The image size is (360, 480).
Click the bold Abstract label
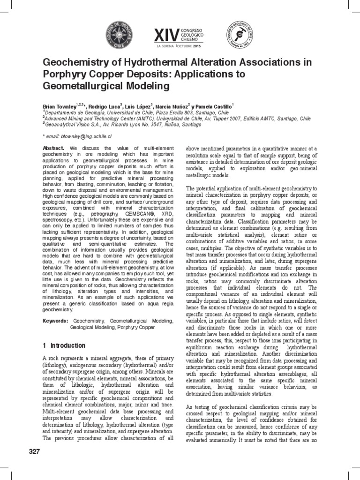click(x=52, y=148)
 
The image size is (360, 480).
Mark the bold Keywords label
click(x=54, y=321)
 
